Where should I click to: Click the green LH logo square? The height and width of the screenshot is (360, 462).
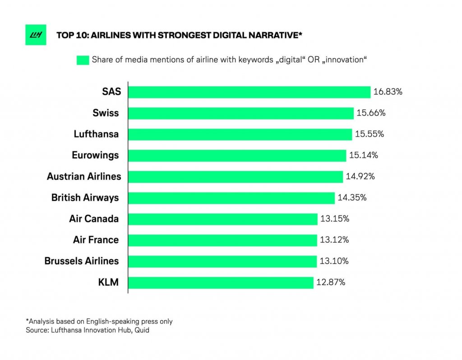pyautogui.click(x=36, y=35)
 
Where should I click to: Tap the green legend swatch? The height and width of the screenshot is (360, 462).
pyautogui.click(x=83, y=60)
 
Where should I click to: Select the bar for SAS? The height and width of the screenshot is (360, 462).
pyautogui.click(x=249, y=92)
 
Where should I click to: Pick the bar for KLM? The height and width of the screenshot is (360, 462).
pyautogui.click(x=221, y=282)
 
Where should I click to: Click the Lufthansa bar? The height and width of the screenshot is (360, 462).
pyautogui.click(x=240, y=134)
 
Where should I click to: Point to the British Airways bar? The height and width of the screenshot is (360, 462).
pyautogui.click(x=231, y=198)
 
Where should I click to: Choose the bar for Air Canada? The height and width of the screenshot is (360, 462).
pyautogui.click(x=223, y=219)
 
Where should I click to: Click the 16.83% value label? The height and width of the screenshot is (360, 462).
pyautogui.click(x=388, y=92)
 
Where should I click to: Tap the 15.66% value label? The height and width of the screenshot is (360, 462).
pyautogui.click(x=371, y=113)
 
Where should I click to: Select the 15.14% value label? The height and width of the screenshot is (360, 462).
pyautogui.click(x=363, y=155)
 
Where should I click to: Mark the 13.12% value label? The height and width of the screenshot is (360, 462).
pyautogui.click(x=334, y=240)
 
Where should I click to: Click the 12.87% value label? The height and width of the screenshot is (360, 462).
pyautogui.click(x=331, y=282)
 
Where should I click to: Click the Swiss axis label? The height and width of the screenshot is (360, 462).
pyautogui.click(x=106, y=113)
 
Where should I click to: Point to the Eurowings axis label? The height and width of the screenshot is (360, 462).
pyautogui.click(x=95, y=155)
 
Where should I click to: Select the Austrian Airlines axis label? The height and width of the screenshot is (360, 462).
pyautogui.click(x=84, y=176)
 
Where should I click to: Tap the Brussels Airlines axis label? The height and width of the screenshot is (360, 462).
pyautogui.click(x=82, y=261)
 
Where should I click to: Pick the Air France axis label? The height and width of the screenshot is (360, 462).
pyautogui.click(x=96, y=240)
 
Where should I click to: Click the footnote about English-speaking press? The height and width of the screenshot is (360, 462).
pyautogui.click(x=99, y=322)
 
